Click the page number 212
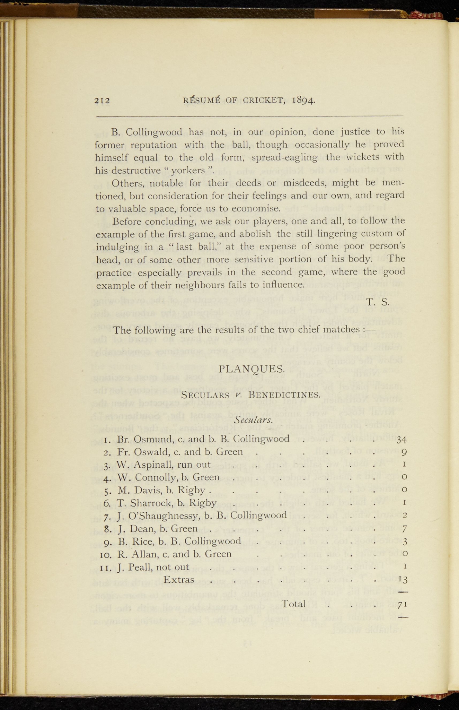[102, 101]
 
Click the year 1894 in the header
[303, 100]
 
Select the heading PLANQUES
[252, 369]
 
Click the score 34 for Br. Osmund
[401, 440]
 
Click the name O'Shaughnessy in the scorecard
[165, 516]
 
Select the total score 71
[401, 605]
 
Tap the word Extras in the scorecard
[178, 579]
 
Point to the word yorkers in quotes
[192, 170]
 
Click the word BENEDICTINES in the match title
[284, 395]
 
